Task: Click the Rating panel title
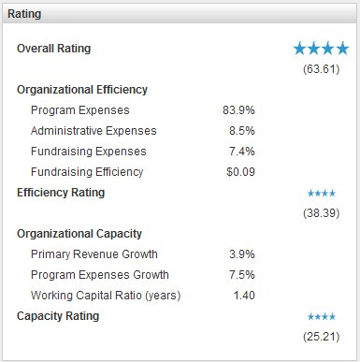[x=24, y=14]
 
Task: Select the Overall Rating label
[x=54, y=49]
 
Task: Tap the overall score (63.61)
[x=322, y=69]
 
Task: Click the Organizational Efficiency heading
[x=82, y=90]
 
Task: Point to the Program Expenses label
[x=80, y=110]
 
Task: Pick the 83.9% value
[x=238, y=110]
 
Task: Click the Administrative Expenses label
[x=94, y=131]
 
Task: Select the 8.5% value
[x=242, y=131]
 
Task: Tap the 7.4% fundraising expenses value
[x=242, y=152]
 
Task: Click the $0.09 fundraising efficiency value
[x=240, y=172]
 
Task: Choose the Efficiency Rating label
[x=61, y=193]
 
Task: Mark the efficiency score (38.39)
[x=322, y=213]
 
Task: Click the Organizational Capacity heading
[x=79, y=234]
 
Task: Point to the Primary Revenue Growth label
[x=94, y=254]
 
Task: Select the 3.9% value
[x=242, y=254]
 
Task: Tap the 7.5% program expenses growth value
[x=242, y=275]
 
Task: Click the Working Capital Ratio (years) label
[x=106, y=296]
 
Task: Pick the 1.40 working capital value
[x=244, y=296]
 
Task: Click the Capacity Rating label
[x=58, y=316]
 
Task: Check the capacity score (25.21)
[x=322, y=337]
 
